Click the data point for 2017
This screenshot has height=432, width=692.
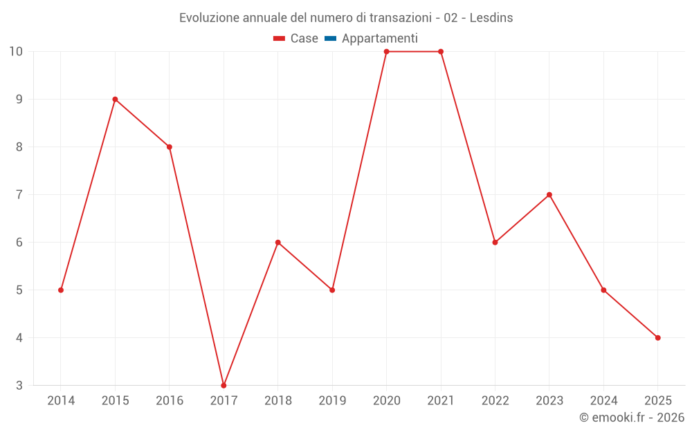point(224,386)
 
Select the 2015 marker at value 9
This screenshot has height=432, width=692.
point(115,100)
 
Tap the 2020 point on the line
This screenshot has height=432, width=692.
point(386,52)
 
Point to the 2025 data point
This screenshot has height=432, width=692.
point(657,338)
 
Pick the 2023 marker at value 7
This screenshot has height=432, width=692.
point(549,195)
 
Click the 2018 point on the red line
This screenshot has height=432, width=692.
point(277,243)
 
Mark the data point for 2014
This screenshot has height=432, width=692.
point(61,290)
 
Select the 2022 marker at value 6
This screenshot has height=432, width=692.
point(495,243)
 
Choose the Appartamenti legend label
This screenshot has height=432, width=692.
point(379,39)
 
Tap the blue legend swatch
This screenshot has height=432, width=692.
point(330,39)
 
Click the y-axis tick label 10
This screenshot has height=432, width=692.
point(16,52)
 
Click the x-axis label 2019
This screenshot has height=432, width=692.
point(332,401)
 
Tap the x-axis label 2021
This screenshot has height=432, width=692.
point(441,401)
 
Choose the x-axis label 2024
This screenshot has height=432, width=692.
point(603,401)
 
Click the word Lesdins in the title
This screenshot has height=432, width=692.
point(491,18)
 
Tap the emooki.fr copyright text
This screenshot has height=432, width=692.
point(631,417)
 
